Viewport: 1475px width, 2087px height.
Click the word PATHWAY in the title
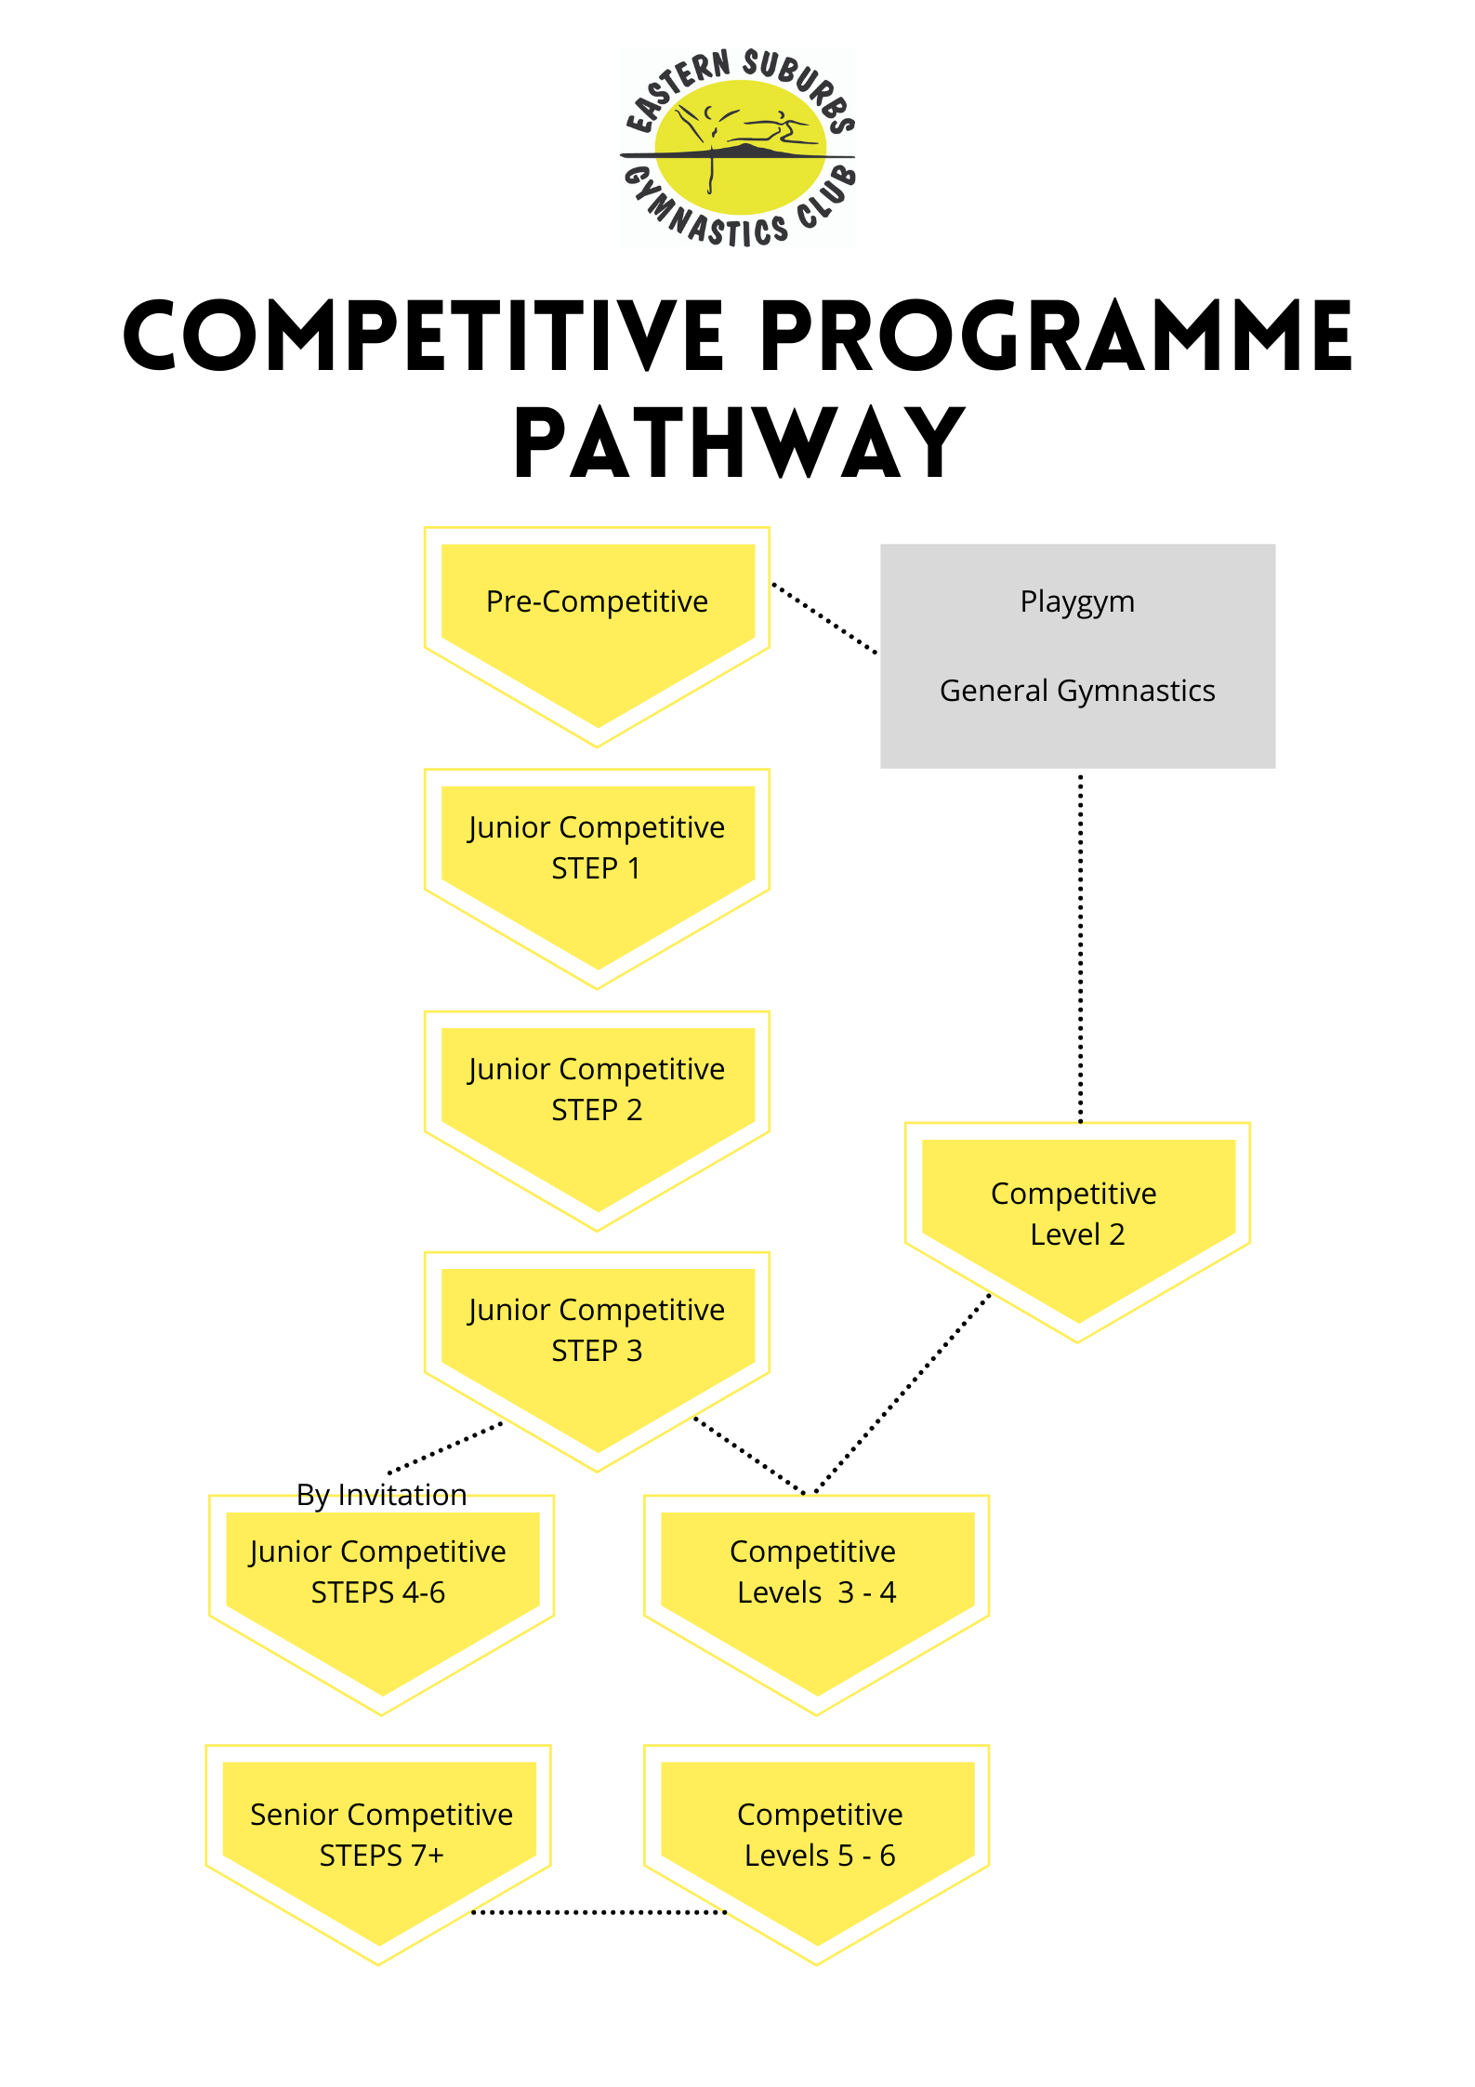[x=740, y=443]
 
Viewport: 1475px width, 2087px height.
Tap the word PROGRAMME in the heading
[x=1056, y=337]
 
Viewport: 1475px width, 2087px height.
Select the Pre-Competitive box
[x=597, y=623]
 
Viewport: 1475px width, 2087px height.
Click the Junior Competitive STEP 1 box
[x=597, y=865]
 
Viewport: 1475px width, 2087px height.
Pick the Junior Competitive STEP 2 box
[x=597, y=1106]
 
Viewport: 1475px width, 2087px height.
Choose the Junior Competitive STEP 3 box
[x=597, y=1348]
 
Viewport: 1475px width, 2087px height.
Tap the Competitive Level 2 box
[x=1077, y=1218]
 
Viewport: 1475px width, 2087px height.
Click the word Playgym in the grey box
[x=1077, y=602]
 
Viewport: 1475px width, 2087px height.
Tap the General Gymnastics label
[x=1077, y=691]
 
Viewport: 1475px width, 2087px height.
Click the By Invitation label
[x=381, y=1495]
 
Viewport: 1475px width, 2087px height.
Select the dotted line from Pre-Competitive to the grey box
[x=824, y=618]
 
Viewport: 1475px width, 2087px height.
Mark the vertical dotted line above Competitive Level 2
[x=1080, y=948]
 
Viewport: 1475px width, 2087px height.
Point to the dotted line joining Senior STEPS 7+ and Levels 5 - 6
[x=599, y=1912]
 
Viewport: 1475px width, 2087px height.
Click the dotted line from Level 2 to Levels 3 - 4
[x=902, y=1394]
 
